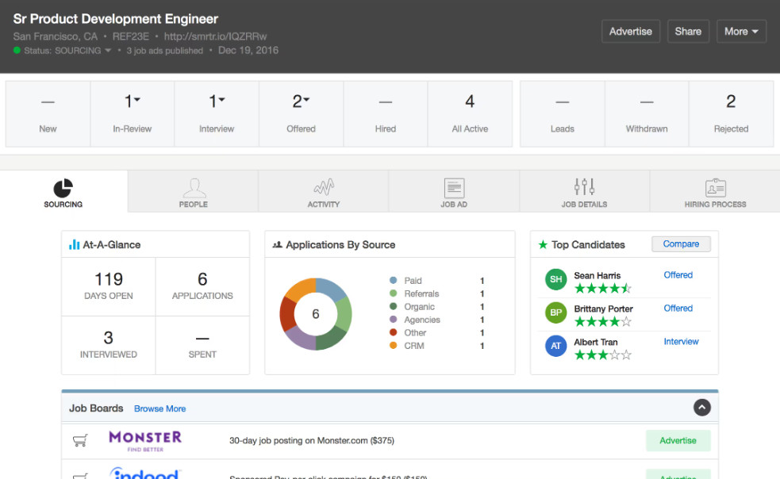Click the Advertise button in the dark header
[631, 32]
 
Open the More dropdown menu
[741, 32]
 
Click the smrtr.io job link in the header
[215, 36]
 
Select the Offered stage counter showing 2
[301, 113]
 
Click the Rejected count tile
[731, 113]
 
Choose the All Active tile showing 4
[470, 113]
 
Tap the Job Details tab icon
[584, 187]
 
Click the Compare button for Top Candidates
[681, 244]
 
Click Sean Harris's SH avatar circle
[556, 279]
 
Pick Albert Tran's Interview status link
[681, 342]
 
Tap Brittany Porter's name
[603, 308]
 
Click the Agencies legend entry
[421, 320]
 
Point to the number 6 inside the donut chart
[315, 314]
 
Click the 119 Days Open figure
[109, 280]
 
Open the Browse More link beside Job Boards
[159, 409]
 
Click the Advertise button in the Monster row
[678, 440]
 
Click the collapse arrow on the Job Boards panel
[701, 407]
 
